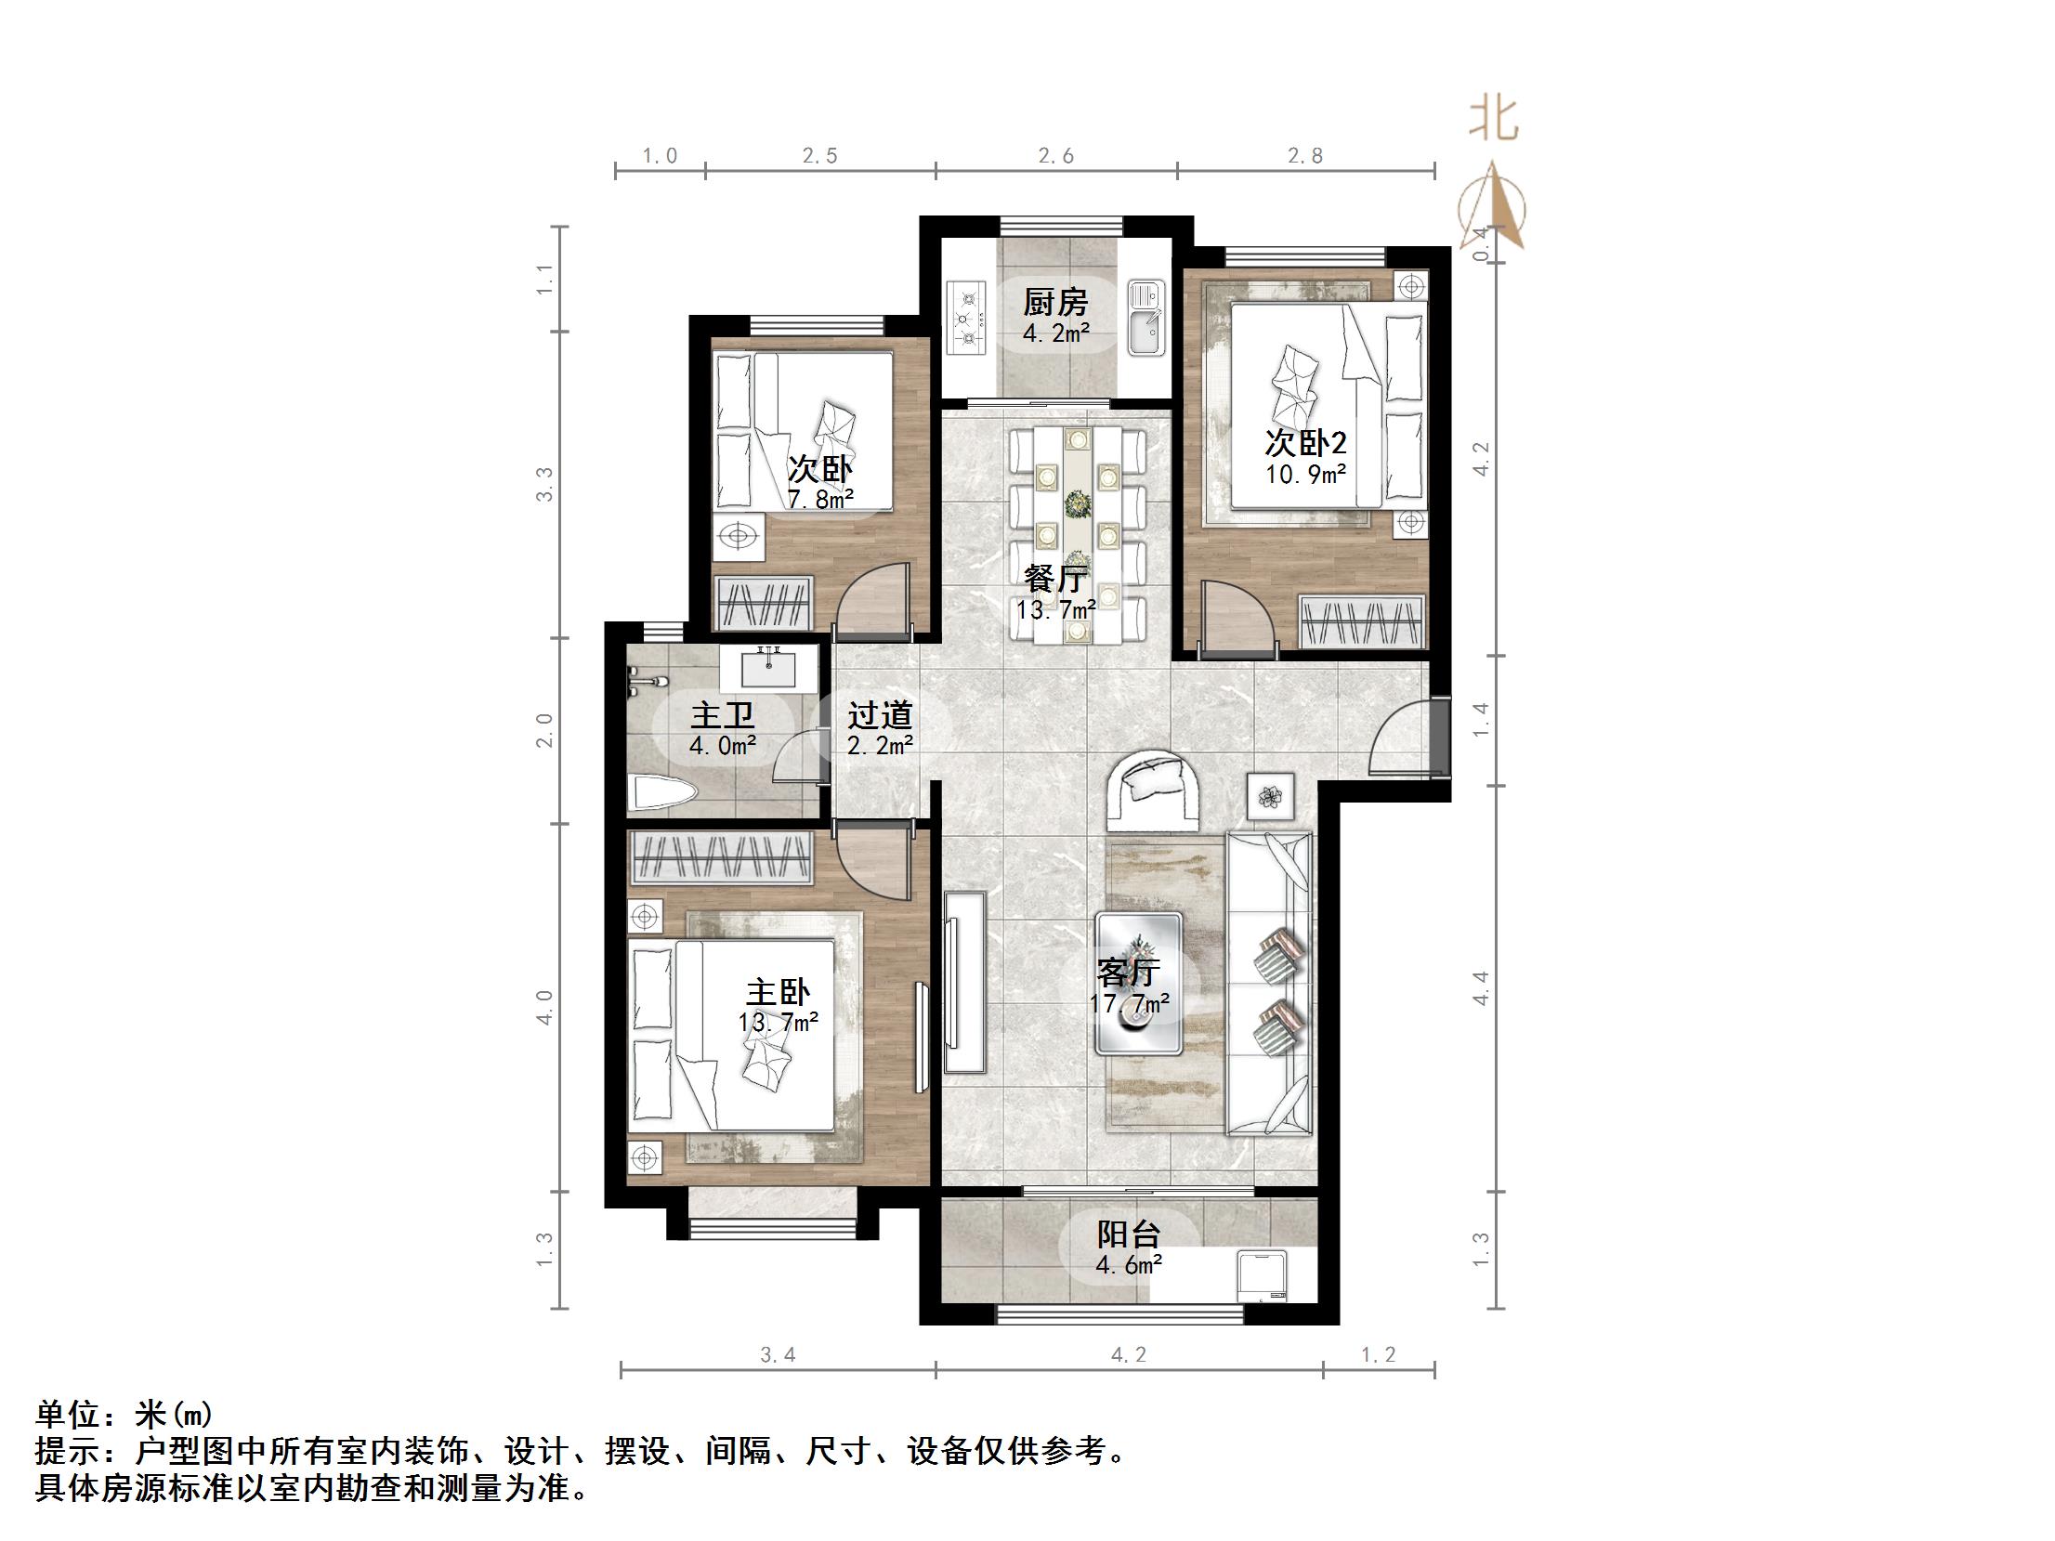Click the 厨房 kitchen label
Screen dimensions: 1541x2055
(x=1055, y=303)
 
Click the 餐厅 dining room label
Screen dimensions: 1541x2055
(x=1055, y=580)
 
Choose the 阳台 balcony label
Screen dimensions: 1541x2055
(x=1129, y=1234)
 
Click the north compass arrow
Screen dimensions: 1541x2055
(x=1492, y=209)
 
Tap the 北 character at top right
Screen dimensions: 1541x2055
(x=1494, y=121)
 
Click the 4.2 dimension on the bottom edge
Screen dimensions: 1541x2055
(x=1129, y=1355)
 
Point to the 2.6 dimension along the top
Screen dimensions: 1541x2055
(x=1056, y=156)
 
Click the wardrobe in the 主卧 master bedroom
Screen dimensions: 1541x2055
(x=721, y=857)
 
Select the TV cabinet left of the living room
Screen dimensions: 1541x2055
(x=964, y=982)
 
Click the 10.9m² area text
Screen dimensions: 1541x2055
(x=1306, y=475)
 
